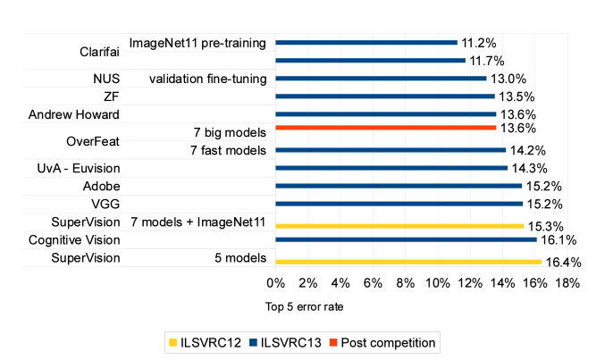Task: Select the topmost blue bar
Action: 366,43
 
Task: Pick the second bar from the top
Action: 370,61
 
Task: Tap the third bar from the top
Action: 381,79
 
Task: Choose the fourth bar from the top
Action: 385,96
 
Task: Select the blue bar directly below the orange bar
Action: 391,150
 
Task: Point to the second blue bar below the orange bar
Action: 391,168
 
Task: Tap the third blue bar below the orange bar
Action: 399,186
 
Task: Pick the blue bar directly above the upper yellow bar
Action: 399,204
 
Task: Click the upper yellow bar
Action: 399,226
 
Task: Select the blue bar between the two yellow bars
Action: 406,239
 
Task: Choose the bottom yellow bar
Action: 408,262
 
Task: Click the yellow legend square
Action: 173,343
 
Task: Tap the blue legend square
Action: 253,343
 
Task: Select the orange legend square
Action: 333,343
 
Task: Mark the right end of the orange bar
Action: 496,128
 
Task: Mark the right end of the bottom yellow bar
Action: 542,262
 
